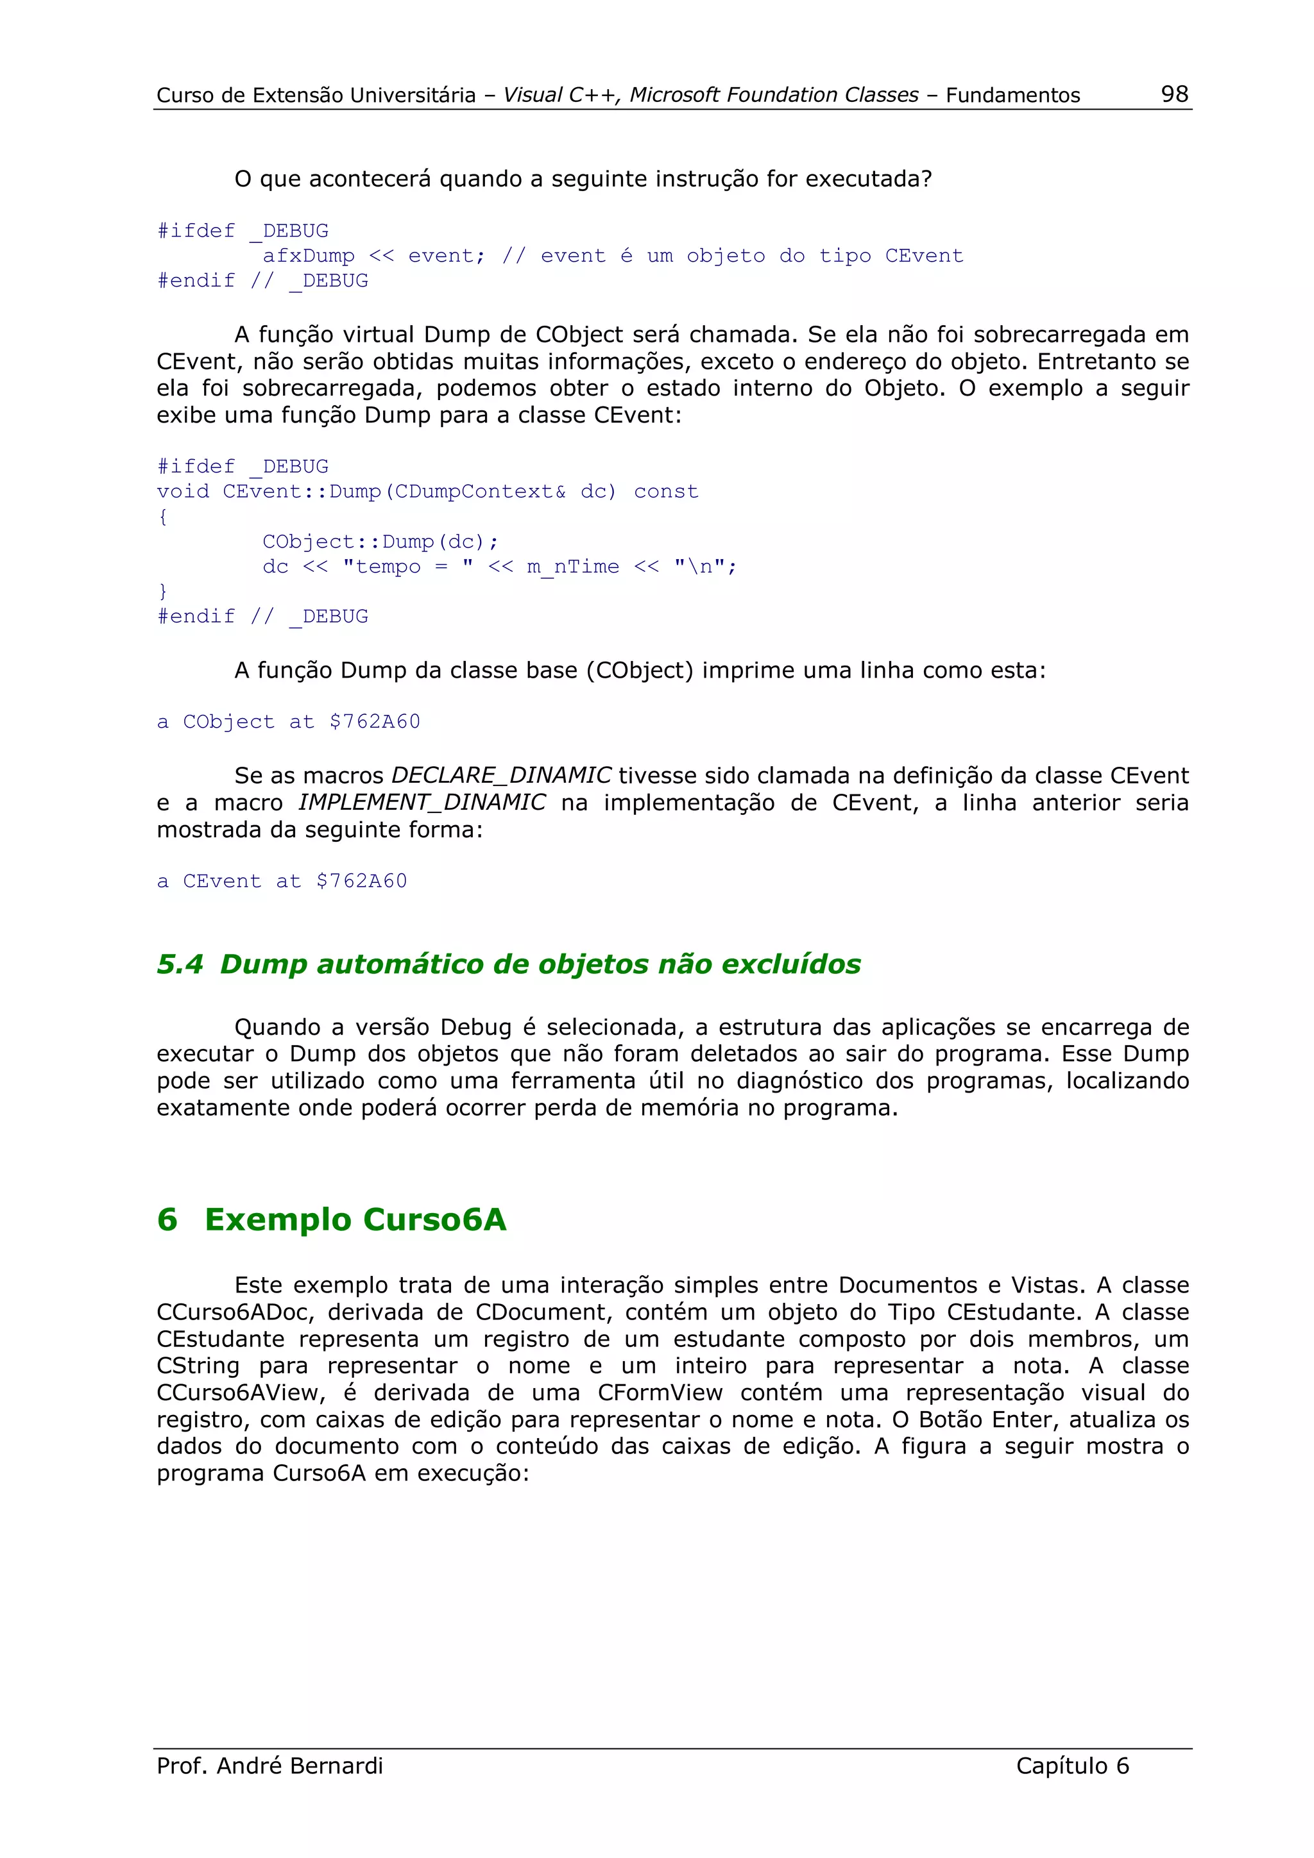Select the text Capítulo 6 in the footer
pyautogui.click(x=1072, y=1765)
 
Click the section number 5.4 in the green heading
pyautogui.click(x=180, y=964)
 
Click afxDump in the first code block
pyautogui.click(x=309, y=256)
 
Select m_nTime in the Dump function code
pyautogui.click(x=572, y=567)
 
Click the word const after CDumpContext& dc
pyautogui.click(x=665, y=491)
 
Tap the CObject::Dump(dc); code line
pyautogui.click(x=380, y=541)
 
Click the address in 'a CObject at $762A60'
pyautogui.click(x=375, y=721)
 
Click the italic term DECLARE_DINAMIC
pyautogui.click(x=501, y=775)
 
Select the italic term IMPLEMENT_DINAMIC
pyautogui.click(x=422, y=802)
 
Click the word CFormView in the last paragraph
pyautogui.click(x=660, y=1392)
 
